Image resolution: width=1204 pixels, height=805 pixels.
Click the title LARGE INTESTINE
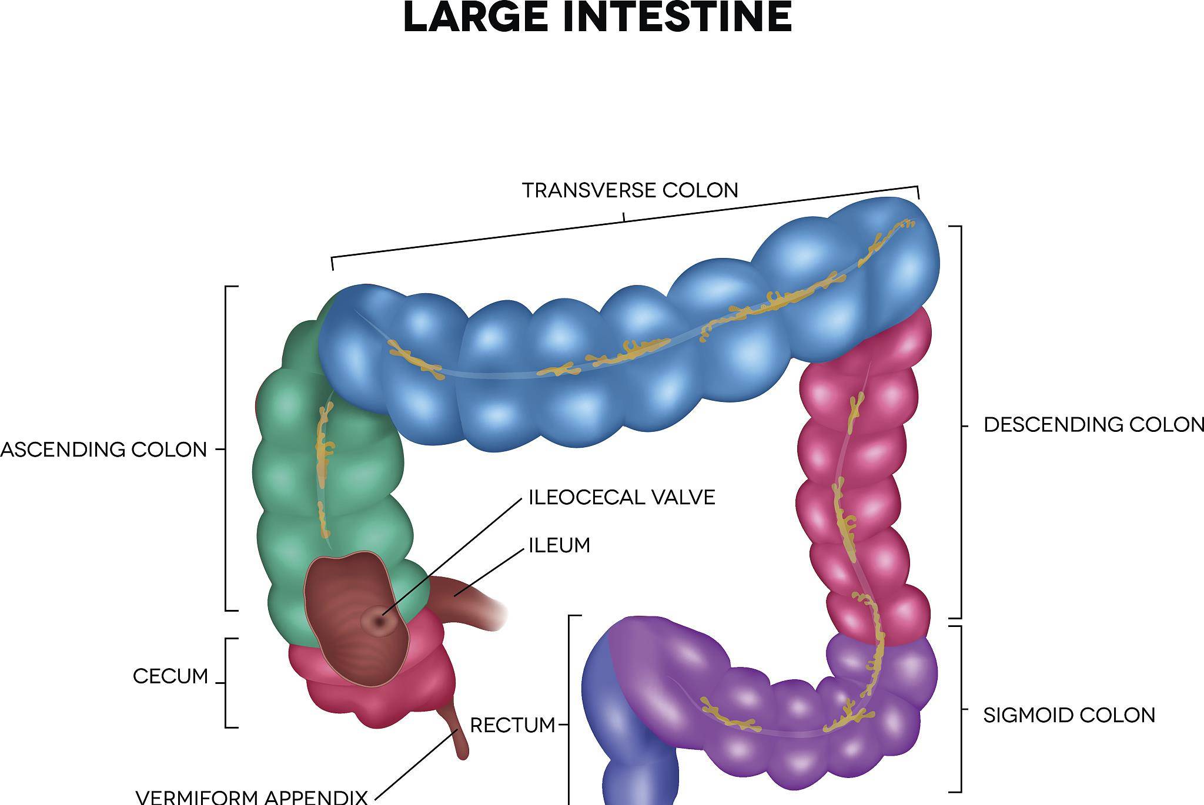(597, 18)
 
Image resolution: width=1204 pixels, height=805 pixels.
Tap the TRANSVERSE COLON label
(630, 190)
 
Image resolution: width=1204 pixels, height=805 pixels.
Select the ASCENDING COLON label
(103, 450)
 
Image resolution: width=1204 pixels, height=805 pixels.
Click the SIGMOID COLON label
(1069, 715)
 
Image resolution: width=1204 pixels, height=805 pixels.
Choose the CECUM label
(170, 676)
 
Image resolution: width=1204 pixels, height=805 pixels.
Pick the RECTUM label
(513, 726)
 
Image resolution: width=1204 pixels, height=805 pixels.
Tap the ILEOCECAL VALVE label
(621, 498)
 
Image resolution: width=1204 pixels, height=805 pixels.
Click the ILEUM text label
(559, 545)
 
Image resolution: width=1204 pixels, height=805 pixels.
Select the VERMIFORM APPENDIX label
(252, 797)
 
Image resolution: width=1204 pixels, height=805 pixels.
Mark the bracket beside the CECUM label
(227, 683)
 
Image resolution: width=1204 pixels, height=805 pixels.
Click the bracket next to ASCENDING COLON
(226, 450)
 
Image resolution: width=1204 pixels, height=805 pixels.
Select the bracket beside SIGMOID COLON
(961, 709)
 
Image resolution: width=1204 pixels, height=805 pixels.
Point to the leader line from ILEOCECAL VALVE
(453, 558)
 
